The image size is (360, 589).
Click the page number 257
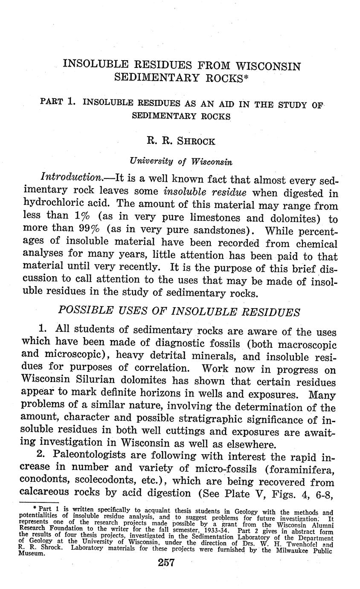166,563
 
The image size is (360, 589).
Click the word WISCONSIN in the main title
268,67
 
